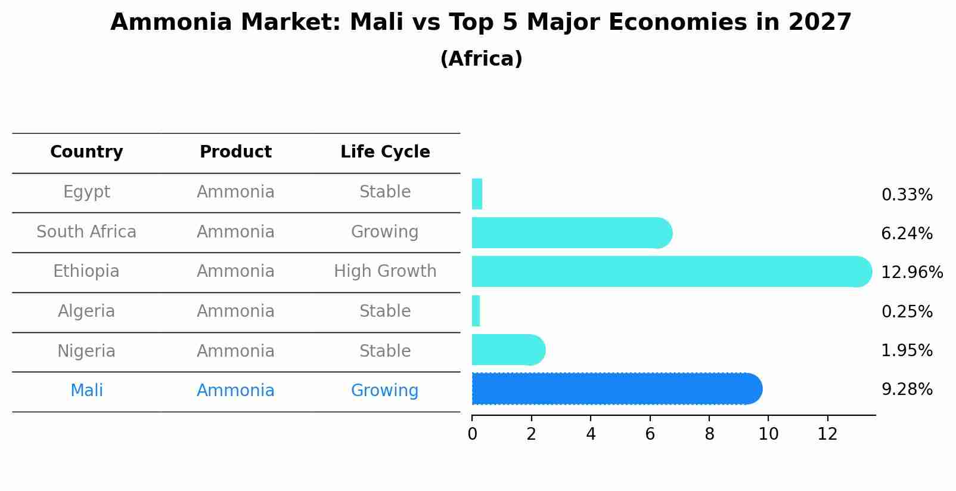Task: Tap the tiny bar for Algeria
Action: tap(476, 311)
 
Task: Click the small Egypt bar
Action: tap(477, 194)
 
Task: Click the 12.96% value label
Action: tap(911, 273)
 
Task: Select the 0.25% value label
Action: tap(907, 311)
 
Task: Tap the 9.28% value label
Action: tap(907, 390)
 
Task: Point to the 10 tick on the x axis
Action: tap(768, 434)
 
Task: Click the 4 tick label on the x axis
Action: tap(591, 434)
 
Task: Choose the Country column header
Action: tap(86, 152)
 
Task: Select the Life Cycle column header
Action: tap(385, 152)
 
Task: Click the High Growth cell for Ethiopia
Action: tap(385, 271)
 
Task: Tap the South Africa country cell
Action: tap(86, 232)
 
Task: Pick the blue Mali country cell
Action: tap(86, 391)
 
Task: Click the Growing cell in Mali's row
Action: tap(384, 391)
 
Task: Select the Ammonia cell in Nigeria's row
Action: tap(235, 351)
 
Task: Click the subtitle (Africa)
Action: tap(481, 59)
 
